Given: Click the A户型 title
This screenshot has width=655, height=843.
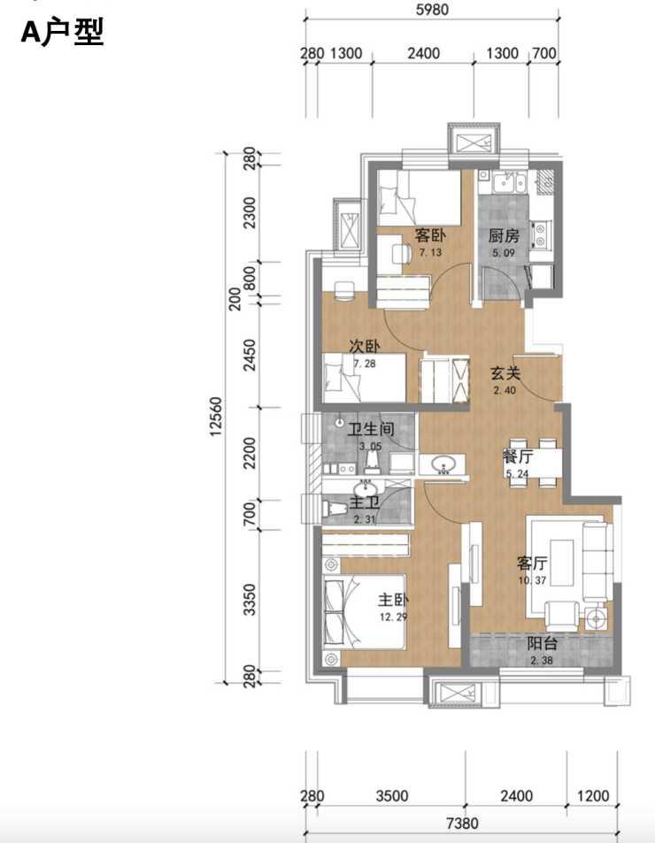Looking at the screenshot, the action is [x=62, y=32].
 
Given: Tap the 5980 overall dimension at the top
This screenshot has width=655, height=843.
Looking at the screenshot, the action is [x=432, y=10].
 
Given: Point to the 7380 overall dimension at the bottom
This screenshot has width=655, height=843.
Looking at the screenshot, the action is [x=462, y=824].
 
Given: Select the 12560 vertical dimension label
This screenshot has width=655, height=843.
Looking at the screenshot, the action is [x=216, y=416].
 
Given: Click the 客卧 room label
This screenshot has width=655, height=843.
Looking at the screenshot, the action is [x=429, y=235].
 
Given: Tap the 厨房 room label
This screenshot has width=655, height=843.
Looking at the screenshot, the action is [x=504, y=236].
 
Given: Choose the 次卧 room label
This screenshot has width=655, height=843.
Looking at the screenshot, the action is [x=365, y=347].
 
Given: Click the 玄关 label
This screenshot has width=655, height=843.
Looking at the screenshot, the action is [x=505, y=373].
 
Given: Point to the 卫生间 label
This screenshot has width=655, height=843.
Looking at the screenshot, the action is [x=371, y=429].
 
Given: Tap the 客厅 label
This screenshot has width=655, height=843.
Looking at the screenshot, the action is [x=532, y=563].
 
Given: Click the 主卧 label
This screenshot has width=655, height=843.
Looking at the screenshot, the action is [x=393, y=600].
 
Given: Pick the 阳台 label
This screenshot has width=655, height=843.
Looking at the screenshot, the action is [x=542, y=644].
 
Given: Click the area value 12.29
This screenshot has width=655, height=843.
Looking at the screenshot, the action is [x=393, y=617].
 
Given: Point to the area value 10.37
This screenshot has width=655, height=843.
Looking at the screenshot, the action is [x=532, y=580].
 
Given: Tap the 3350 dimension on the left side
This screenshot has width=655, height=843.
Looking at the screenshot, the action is [x=249, y=600].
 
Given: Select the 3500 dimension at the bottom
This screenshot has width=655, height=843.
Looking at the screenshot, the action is [x=392, y=796].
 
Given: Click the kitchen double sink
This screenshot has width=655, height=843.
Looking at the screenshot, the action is [x=510, y=182].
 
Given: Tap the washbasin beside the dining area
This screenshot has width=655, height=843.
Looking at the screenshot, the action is [x=443, y=464].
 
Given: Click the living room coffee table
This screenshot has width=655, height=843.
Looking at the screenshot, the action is [x=561, y=563].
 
